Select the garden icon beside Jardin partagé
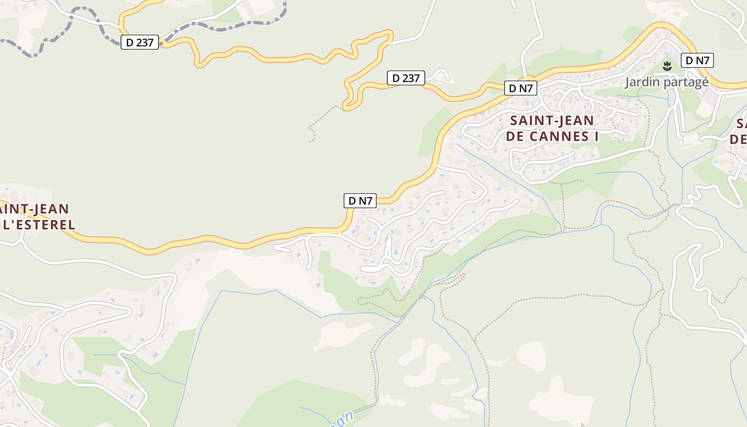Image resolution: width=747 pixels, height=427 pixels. click(x=666, y=67)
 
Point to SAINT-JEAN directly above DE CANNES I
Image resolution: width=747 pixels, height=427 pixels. click(x=552, y=120)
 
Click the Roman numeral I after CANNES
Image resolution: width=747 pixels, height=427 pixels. click(x=595, y=137)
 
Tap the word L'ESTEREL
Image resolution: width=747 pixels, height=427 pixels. click(x=38, y=225)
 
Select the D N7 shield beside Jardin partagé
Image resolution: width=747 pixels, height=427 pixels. click(x=697, y=60)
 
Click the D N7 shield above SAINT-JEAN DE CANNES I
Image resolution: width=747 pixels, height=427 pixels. click(x=520, y=89)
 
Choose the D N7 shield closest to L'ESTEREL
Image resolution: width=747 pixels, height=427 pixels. click(x=360, y=201)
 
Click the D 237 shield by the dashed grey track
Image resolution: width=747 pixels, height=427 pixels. click(x=140, y=43)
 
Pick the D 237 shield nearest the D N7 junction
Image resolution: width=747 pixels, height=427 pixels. click(x=406, y=78)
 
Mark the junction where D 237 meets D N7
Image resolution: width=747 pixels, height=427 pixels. click(x=483, y=89)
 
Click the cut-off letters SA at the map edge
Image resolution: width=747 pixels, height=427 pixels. click(x=741, y=124)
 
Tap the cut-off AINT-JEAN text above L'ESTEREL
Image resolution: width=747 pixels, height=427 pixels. click(x=35, y=208)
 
